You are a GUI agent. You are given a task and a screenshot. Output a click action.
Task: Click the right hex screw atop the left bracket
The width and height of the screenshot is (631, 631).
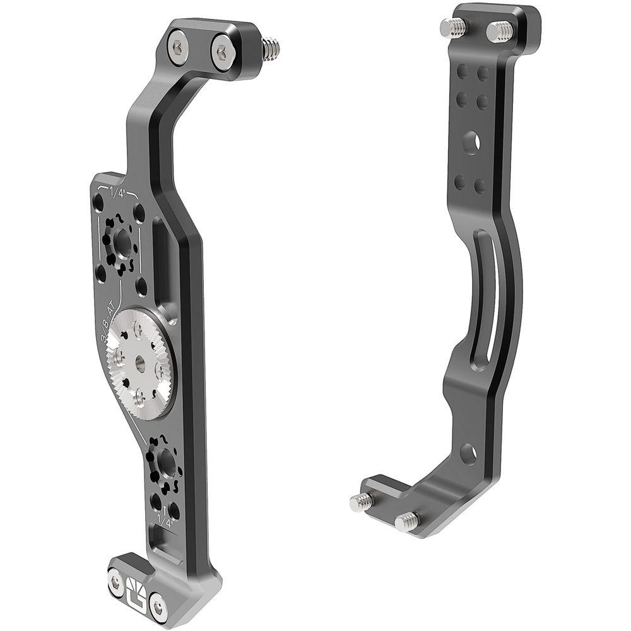point(223,52)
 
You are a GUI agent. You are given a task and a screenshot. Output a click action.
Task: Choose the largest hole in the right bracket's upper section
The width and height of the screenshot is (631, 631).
point(470,142)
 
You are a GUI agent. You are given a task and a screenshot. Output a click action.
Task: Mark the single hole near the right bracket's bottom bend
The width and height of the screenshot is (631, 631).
point(468,452)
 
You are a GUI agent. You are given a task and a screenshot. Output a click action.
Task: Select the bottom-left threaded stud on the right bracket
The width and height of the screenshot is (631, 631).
point(362,502)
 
